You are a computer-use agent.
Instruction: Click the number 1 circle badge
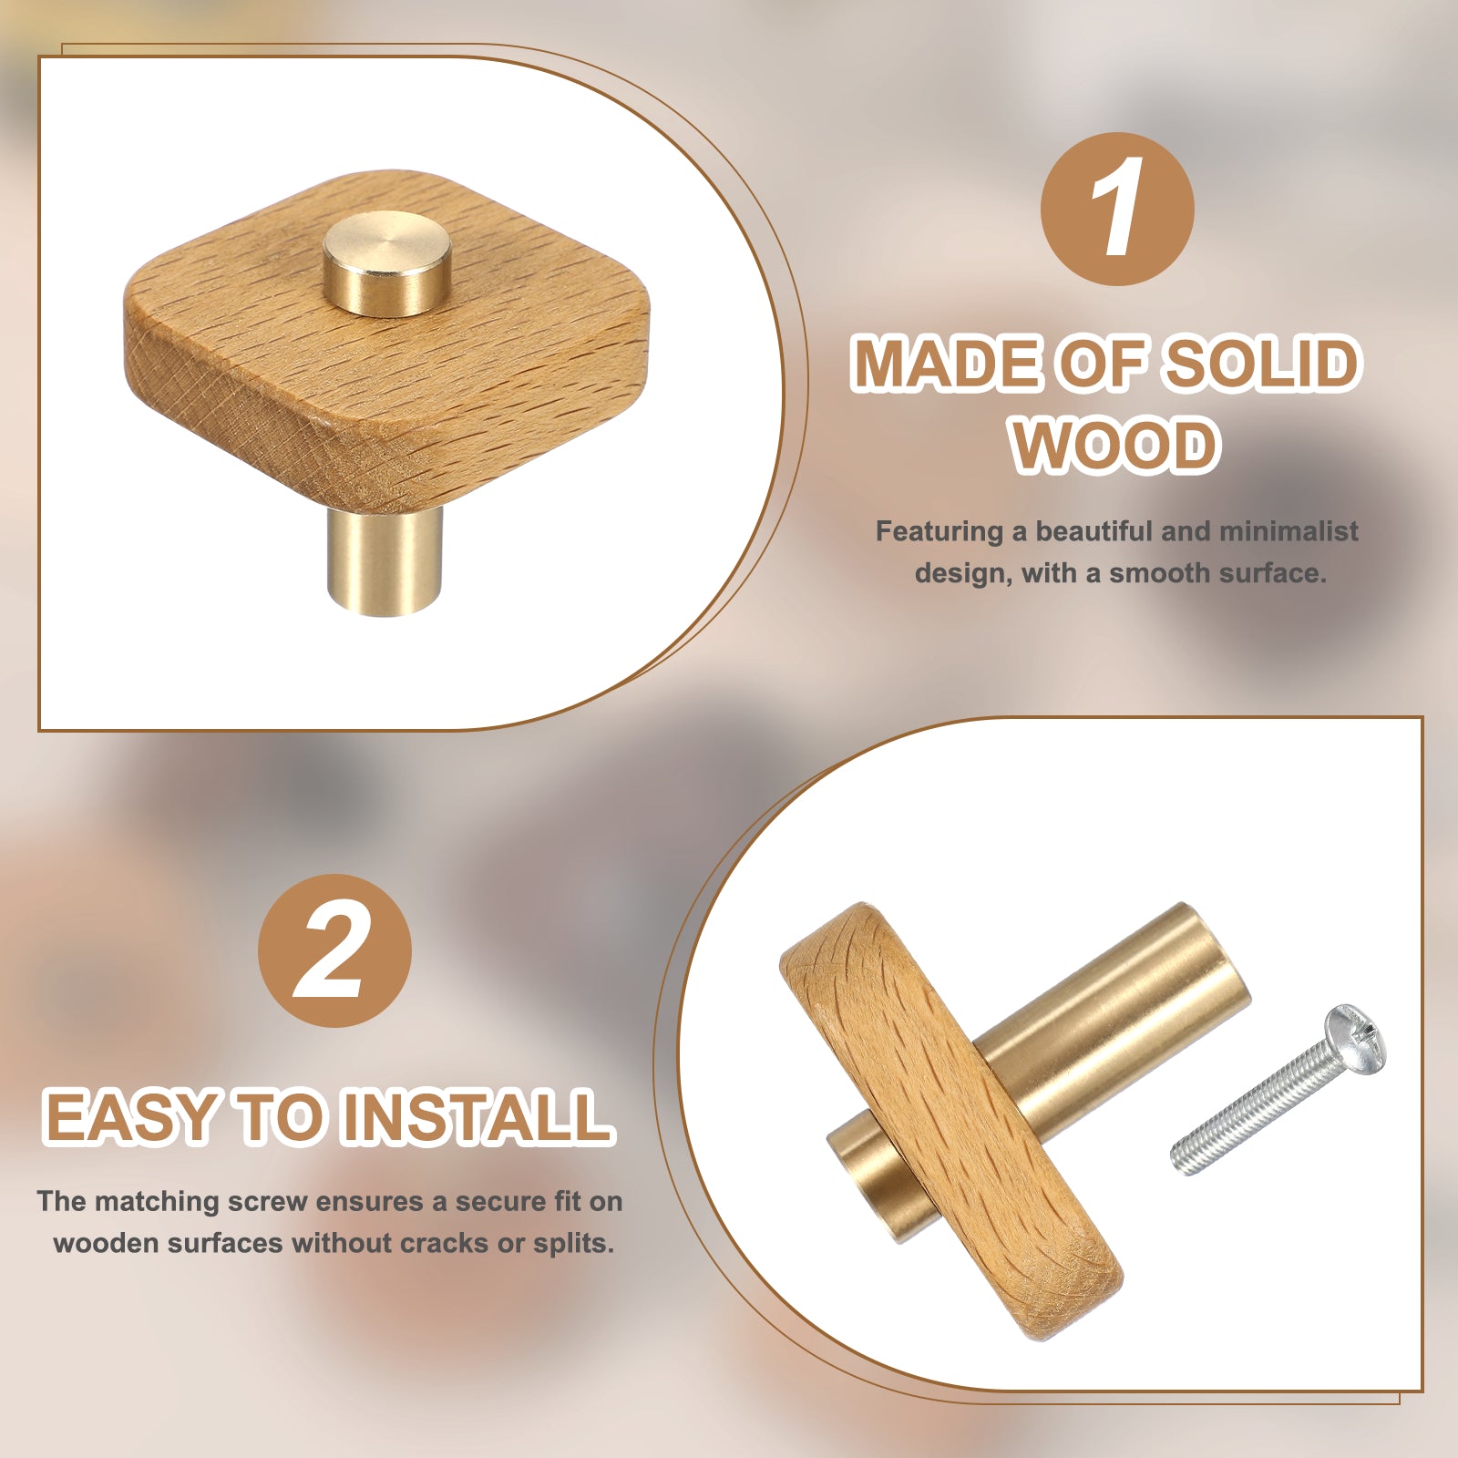click(x=1117, y=209)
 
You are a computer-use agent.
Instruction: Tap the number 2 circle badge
click(x=334, y=950)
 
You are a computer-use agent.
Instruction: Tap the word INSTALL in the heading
click(x=476, y=1116)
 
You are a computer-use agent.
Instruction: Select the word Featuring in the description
click(x=939, y=532)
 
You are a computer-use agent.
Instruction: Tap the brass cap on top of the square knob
click(x=387, y=263)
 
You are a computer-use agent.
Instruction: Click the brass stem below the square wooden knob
click(x=385, y=559)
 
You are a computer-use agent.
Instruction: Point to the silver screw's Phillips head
click(x=1355, y=1040)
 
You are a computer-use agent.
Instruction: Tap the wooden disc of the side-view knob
click(x=952, y=1121)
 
